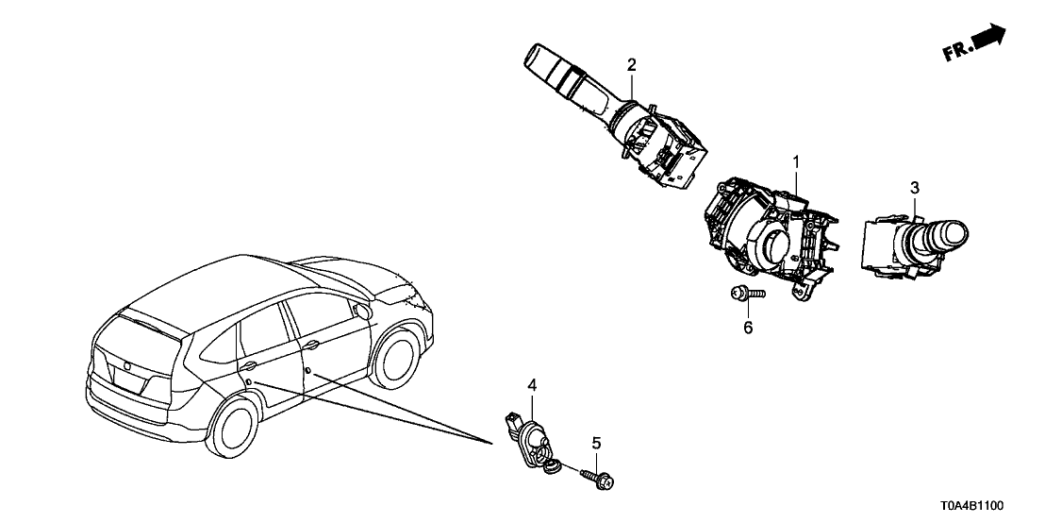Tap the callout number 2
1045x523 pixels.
632,64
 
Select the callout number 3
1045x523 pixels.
914,187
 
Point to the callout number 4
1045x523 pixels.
532,385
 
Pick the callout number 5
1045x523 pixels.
595,442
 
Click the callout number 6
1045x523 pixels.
748,328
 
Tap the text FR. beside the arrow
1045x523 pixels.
957,51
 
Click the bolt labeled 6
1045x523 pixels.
744,295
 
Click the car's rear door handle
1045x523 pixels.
249,364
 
